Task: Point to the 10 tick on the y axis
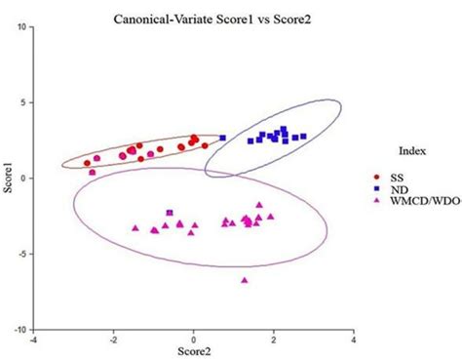click(23, 26)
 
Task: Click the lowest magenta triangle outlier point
click(245, 280)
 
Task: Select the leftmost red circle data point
click(88, 163)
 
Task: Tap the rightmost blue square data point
click(303, 137)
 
